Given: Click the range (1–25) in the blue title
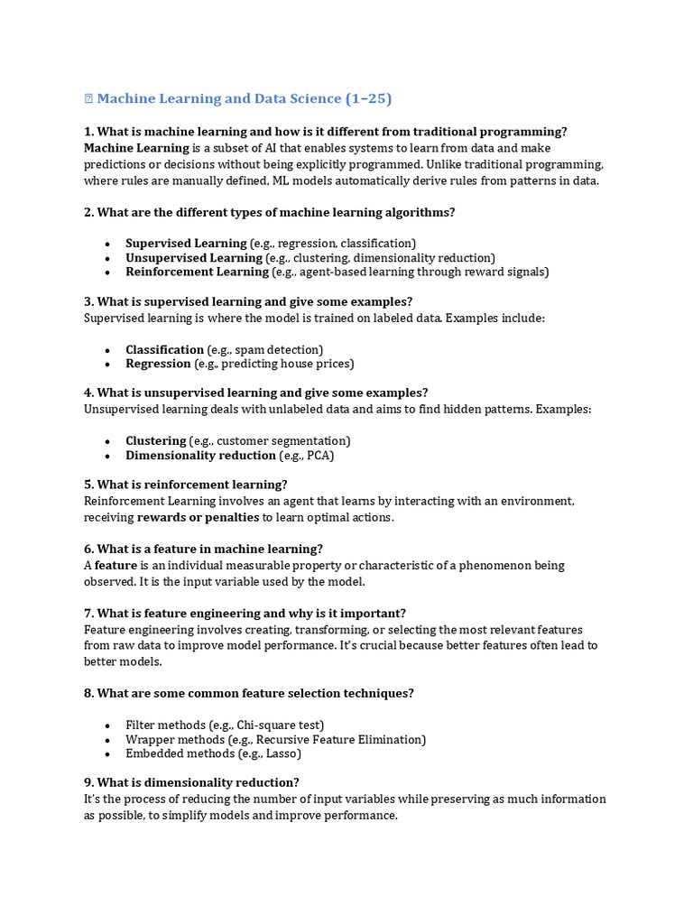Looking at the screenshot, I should point(369,98).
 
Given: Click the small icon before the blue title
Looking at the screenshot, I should point(88,98).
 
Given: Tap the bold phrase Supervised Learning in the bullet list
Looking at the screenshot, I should point(186,243).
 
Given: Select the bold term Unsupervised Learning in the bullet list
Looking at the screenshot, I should point(193,257).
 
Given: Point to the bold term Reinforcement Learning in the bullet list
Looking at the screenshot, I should point(197,271).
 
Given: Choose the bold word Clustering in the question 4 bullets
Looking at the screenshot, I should point(156,440).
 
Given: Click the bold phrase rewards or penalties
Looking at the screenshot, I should point(198,517).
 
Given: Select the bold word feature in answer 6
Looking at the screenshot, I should point(115,565).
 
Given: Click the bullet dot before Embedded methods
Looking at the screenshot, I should point(107,754).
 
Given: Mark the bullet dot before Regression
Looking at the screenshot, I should point(107,365).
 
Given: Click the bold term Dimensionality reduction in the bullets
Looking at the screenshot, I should point(200,456).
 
